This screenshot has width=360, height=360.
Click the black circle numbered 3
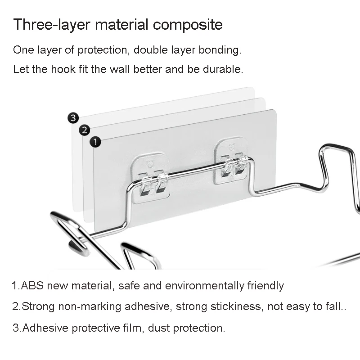pos(73,118)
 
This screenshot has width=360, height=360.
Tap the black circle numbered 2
pos(84,130)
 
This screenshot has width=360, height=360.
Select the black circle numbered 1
pos(95,142)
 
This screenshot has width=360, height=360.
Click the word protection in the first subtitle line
pos(102,50)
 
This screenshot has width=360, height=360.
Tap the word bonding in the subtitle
pos(220,50)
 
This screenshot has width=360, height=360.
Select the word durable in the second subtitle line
pos(223,69)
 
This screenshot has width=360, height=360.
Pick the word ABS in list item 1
pos(32,286)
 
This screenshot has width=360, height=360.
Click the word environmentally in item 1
pos(204,286)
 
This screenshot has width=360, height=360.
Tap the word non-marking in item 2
pos(90,307)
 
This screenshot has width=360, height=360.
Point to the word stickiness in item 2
pos(237,307)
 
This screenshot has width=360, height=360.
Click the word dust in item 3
pos(159,328)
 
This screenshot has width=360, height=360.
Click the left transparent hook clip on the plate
pos(150,178)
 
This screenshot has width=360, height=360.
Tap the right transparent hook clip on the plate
pos(231,161)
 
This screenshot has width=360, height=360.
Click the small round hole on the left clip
pos(150,165)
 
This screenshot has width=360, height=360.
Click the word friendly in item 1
pos(265,286)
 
